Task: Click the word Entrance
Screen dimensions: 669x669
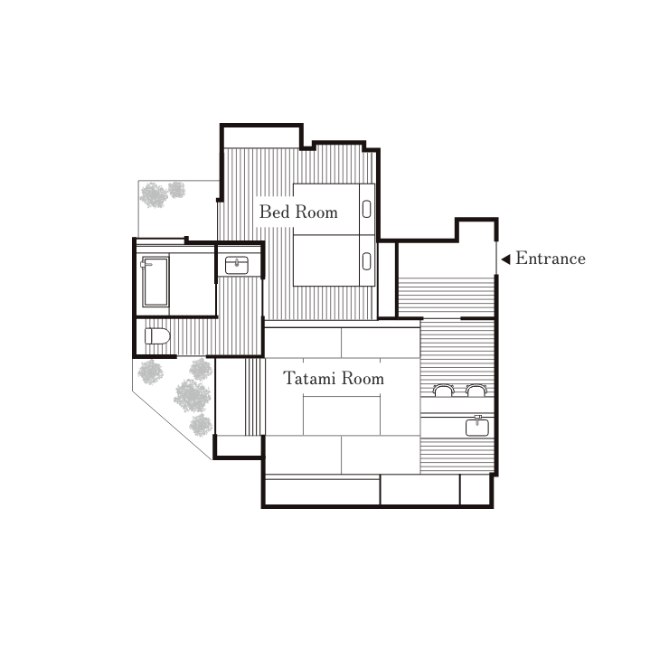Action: point(551,259)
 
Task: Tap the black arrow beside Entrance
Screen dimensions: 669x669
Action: point(505,259)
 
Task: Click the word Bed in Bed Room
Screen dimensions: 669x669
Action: point(274,212)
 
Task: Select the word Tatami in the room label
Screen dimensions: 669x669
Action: point(309,378)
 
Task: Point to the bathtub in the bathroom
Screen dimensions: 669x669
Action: point(155,281)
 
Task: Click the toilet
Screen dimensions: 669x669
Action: point(157,336)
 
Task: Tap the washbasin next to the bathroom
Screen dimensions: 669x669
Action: point(237,265)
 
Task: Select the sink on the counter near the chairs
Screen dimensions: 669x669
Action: point(477,427)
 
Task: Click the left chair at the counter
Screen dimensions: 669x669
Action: point(442,390)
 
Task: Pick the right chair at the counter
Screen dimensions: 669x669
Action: point(476,390)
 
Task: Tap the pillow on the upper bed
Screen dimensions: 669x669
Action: point(366,209)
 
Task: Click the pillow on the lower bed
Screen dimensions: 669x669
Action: point(366,261)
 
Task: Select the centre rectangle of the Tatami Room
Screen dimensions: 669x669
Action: point(342,415)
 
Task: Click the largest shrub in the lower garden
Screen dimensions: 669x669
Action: point(192,395)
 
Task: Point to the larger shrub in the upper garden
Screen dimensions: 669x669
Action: point(154,195)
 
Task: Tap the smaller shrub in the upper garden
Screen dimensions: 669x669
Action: point(176,190)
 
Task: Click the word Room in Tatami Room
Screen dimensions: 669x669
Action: point(363,379)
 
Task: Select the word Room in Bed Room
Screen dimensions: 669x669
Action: point(316,212)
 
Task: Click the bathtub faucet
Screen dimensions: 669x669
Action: point(146,264)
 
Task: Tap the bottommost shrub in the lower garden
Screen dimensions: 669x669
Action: point(201,425)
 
